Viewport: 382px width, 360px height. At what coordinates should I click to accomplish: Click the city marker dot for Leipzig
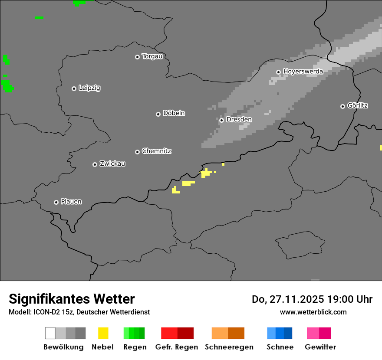click(74, 88)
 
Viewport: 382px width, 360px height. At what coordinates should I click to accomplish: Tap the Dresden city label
click(239, 119)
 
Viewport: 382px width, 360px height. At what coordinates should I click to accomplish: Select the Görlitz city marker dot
click(342, 106)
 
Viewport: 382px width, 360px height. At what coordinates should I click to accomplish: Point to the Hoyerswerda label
click(303, 71)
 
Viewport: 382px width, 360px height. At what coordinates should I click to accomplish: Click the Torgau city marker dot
click(137, 57)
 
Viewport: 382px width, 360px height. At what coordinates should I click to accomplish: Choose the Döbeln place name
click(174, 113)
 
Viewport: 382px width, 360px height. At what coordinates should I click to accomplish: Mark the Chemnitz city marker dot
click(137, 152)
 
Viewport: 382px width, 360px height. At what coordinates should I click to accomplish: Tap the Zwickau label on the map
click(112, 164)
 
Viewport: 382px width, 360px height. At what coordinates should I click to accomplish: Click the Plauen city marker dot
click(56, 202)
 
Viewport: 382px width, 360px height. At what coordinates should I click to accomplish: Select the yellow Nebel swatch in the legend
click(103, 333)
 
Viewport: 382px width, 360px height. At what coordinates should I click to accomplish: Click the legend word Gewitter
click(320, 347)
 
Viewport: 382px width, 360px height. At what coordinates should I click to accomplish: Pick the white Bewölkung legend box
click(50, 333)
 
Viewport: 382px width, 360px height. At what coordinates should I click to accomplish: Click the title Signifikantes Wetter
click(72, 299)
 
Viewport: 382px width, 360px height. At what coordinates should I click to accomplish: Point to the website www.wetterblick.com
click(313, 312)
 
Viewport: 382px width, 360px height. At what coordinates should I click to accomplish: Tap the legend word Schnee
click(280, 347)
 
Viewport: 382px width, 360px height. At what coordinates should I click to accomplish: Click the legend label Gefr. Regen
click(177, 347)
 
